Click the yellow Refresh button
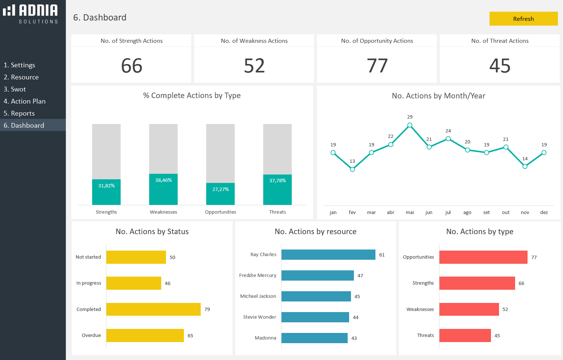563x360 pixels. pyautogui.click(x=523, y=19)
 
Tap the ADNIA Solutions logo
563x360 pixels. pyautogui.click(x=31, y=14)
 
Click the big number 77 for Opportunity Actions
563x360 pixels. pyautogui.click(x=377, y=66)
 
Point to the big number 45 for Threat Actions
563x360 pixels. pyautogui.click(x=500, y=66)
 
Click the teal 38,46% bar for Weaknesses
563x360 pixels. pyautogui.click(x=163, y=189)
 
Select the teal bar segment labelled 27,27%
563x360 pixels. pyautogui.click(x=220, y=194)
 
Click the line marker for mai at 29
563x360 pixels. pyautogui.click(x=410, y=125)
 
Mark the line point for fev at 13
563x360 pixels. pyautogui.click(x=352, y=169)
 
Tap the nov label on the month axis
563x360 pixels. pyautogui.click(x=525, y=213)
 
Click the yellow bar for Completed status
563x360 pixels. pyautogui.click(x=154, y=309)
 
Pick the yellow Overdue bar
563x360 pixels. pyautogui.click(x=145, y=335)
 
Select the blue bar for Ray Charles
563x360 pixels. pyautogui.click(x=328, y=255)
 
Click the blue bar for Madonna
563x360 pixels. pyautogui.click(x=314, y=338)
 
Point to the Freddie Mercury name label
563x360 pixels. pyautogui.click(x=258, y=275)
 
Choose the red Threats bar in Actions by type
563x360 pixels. pyautogui.click(x=465, y=335)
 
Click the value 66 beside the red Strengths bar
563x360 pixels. pyautogui.click(x=521, y=284)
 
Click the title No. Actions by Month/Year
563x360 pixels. pyautogui.click(x=438, y=96)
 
